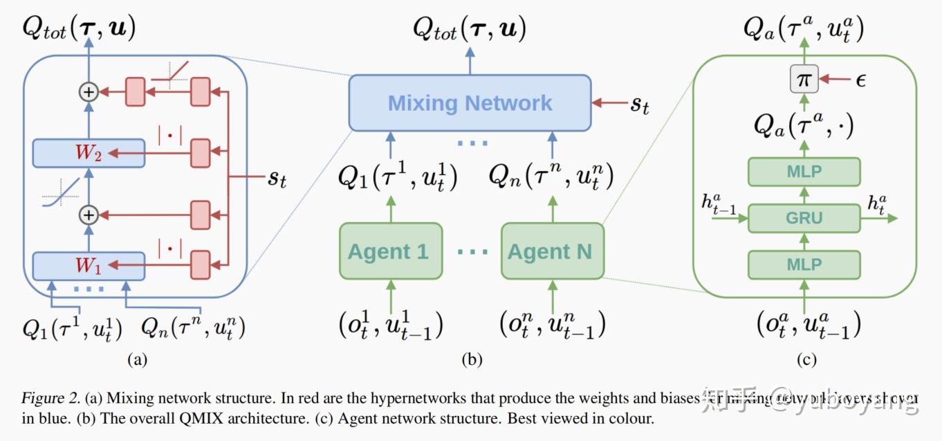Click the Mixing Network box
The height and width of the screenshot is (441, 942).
(470, 103)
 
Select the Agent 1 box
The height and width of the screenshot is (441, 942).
(391, 251)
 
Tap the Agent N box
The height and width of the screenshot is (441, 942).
(552, 251)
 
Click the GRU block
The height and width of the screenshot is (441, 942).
(804, 218)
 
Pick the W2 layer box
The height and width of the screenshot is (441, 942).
(89, 153)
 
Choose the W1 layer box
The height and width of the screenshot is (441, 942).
(89, 266)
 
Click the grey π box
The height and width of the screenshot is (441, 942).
(804, 80)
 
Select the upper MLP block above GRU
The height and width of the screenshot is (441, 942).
(804, 172)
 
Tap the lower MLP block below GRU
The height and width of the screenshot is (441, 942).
(804, 264)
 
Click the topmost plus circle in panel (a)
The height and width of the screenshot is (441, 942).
(89, 92)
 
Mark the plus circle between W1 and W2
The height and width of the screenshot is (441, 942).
(89, 215)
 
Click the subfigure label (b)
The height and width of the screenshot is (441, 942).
(472, 359)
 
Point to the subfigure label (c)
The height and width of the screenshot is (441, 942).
(806, 359)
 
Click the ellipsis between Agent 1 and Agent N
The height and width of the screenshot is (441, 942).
(472, 252)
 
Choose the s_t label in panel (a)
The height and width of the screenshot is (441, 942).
(277, 178)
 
